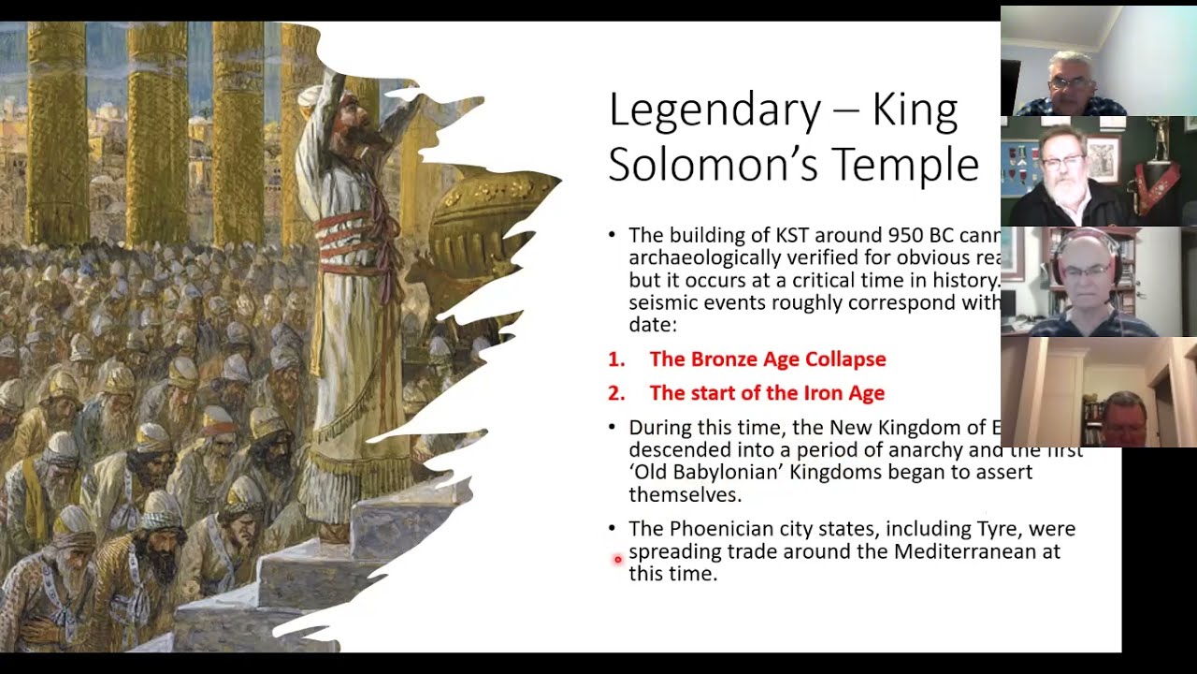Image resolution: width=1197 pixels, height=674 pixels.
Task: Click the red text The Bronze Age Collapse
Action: (x=767, y=359)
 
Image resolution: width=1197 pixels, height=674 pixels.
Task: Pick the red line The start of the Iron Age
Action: (x=766, y=393)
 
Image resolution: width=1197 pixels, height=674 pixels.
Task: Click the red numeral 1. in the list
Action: (x=615, y=359)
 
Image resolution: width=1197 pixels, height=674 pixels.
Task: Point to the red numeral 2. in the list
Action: (x=615, y=393)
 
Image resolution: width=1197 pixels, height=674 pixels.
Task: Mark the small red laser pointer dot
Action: (x=617, y=560)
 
